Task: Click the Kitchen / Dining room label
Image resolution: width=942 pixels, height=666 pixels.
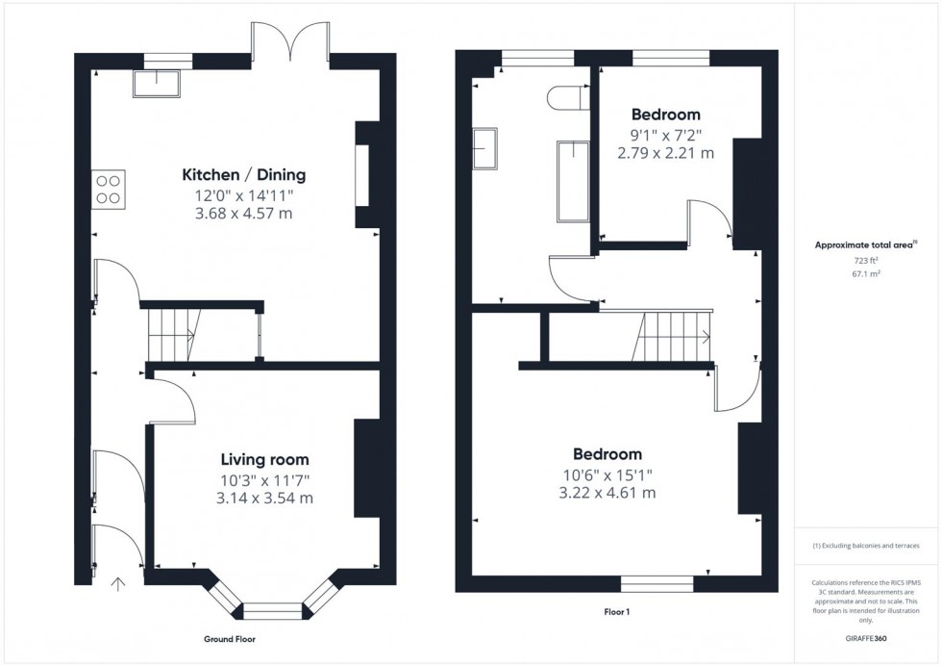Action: pyautogui.click(x=244, y=175)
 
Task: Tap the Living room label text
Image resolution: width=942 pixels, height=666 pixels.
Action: pyautogui.click(x=264, y=460)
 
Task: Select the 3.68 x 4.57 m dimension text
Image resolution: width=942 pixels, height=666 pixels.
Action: pyautogui.click(x=244, y=213)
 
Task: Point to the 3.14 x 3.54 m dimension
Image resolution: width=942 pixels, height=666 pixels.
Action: pyautogui.click(x=264, y=498)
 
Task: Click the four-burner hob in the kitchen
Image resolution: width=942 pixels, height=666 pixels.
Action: pyautogui.click(x=109, y=189)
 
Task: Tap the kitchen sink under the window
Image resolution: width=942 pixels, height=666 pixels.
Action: pyautogui.click(x=157, y=85)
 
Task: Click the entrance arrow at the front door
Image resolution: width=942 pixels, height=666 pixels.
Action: pyautogui.click(x=119, y=583)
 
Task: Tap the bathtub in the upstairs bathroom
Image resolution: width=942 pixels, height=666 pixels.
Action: pyautogui.click(x=573, y=181)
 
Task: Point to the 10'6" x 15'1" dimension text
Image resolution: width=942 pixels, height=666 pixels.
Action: pyautogui.click(x=607, y=474)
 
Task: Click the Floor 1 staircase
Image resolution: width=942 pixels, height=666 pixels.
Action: pyautogui.click(x=674, y=336)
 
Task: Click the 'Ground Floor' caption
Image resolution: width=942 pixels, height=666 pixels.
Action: pyautogui.click(x=230, y=639)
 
